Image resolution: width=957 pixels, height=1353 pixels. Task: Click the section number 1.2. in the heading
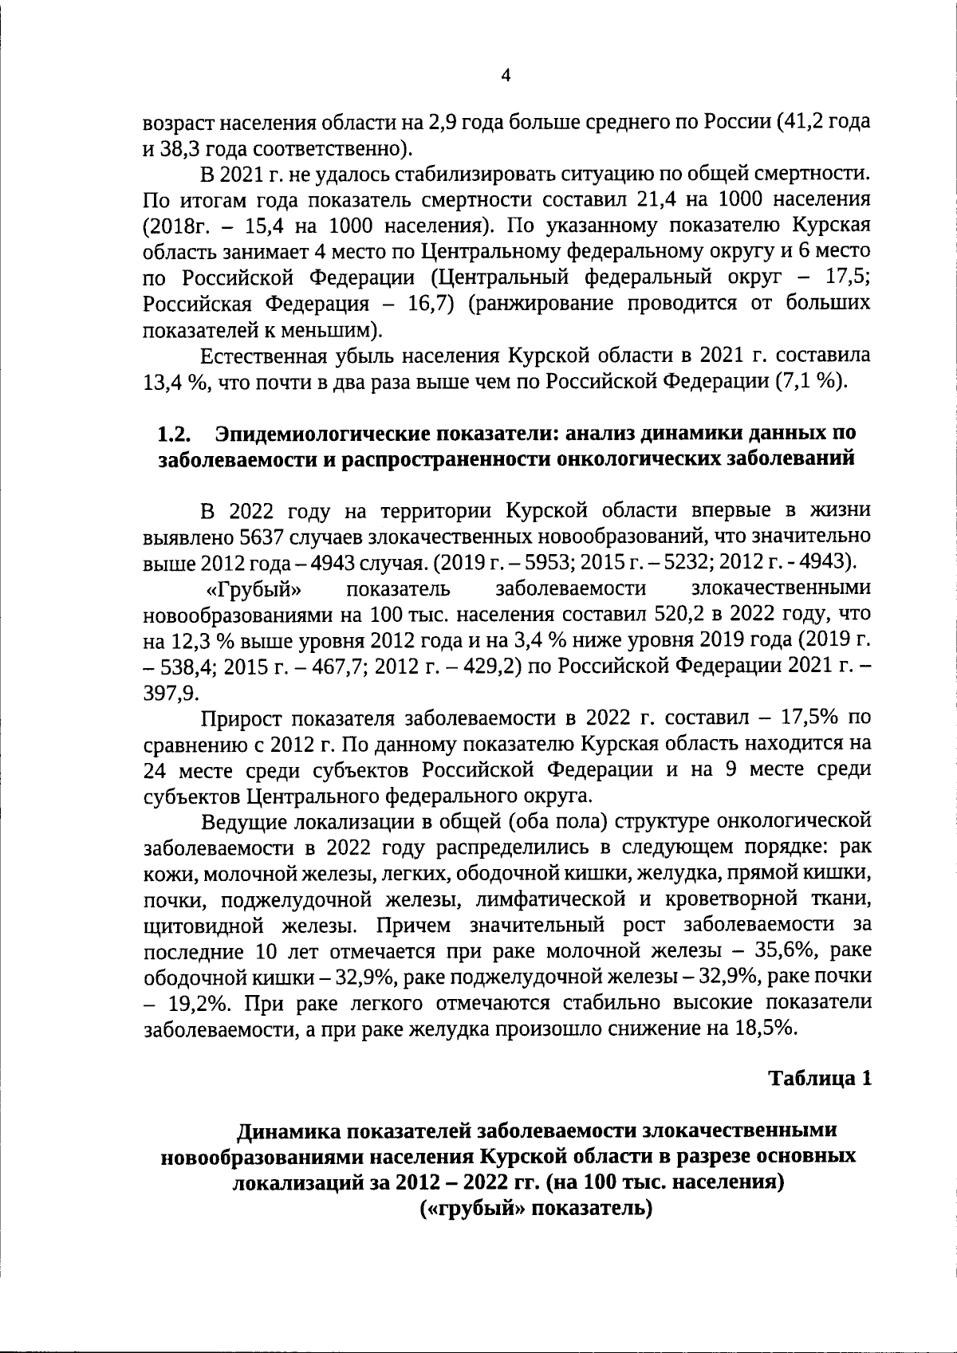[175, 435]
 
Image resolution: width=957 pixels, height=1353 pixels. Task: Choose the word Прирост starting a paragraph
[238, 718]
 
